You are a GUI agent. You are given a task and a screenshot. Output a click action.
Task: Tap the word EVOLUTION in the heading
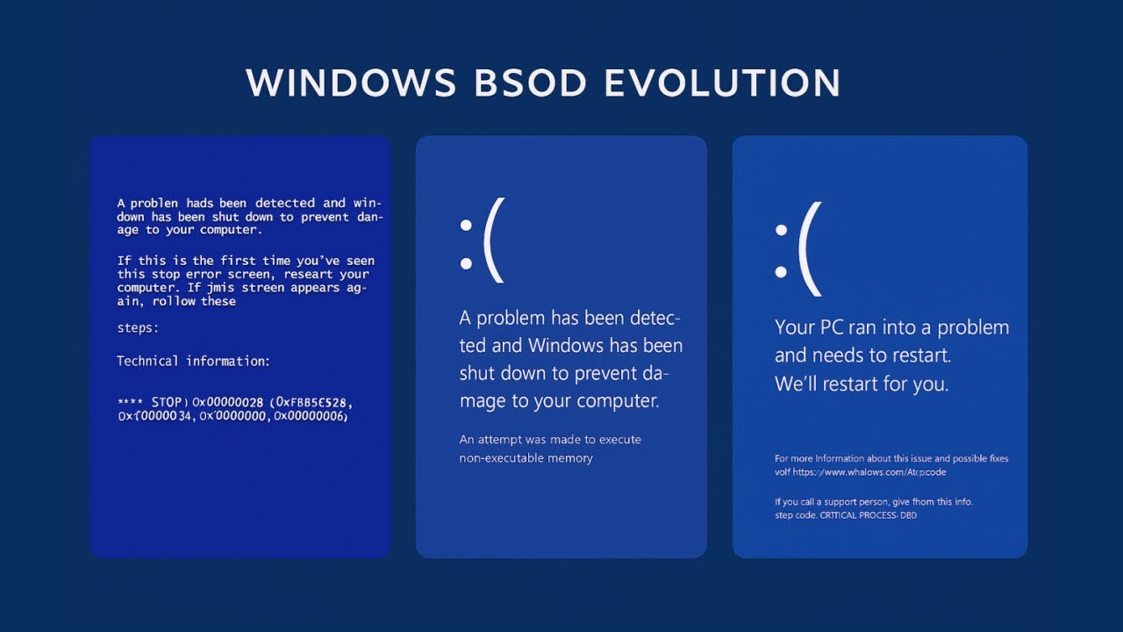pyautogui.click(x=722, y=83)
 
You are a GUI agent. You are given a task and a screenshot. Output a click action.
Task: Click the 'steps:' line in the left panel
pyautogui.click(x=138, y=328)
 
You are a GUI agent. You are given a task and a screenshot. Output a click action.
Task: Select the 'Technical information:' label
pyautogui.click(x=194, y=361)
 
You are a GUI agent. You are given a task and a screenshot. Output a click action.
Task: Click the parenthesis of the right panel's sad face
pyautogui.click(x=809, y=249)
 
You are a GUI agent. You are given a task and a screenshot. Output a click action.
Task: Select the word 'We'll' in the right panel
pyautogui.click(x=798, y=384)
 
